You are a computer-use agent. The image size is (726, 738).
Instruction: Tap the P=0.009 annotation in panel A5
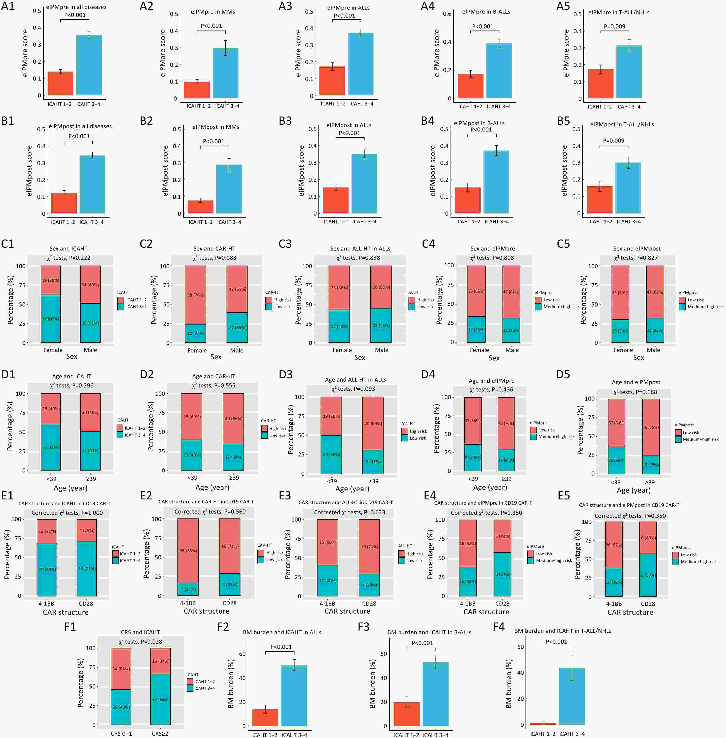pos(614,26)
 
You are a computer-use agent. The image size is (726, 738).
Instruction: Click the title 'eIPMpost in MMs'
pos(216,127)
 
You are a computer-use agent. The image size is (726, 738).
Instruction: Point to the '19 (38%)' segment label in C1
pos(50,280)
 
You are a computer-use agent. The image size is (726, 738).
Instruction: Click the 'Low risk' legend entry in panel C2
pos(282,307)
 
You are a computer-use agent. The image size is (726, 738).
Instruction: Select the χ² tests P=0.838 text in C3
pos(358,258)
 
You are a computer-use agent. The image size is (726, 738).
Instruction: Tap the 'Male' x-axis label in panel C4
pos(512,350)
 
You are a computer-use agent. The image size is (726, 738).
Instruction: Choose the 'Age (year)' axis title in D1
pos(71,488)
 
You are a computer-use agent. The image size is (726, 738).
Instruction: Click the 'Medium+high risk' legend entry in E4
pos(554,560)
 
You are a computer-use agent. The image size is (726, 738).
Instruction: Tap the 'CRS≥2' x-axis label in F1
pos(160,734)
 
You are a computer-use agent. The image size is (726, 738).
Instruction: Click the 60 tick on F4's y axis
pos(521,647)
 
